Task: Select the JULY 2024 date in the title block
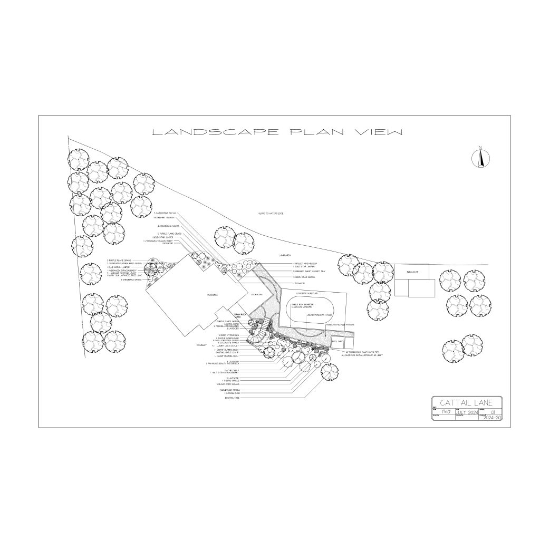click(467, 412)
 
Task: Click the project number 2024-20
click(491, 418)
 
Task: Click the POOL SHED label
click(337, 341)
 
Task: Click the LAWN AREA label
click(285, 255)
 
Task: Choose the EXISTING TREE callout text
click(232, 398)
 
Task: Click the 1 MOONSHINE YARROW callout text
click(163, 218)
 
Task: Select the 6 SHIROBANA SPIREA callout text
click(132, 280)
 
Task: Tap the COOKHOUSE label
click(257, 294)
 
